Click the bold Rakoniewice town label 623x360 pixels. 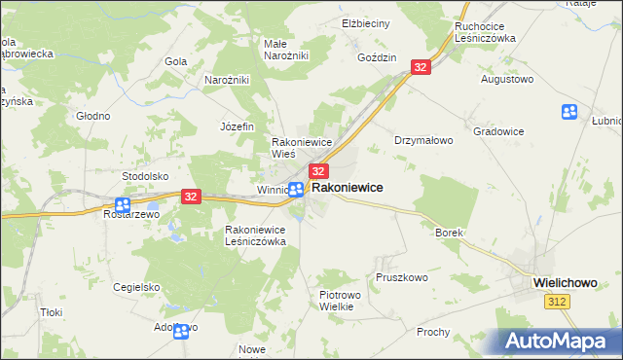pos(347,187)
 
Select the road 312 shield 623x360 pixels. pos(557,304)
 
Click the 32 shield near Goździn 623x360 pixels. pos(421,66)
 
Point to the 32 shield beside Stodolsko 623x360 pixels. pos(191,197)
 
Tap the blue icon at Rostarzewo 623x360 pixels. pos(123,205)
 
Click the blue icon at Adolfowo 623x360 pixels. pos(180,331)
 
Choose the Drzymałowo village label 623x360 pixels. pos(423,140)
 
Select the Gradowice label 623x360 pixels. pos(498,130)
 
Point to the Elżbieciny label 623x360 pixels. pos(365,22)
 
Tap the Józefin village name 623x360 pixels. pos(237,126)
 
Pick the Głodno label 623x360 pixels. pos(93,115)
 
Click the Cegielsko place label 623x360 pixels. pos(136,287)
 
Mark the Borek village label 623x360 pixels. pos(449,234)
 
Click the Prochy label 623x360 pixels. pos(433,332)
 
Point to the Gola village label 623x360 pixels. pos(176,61)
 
